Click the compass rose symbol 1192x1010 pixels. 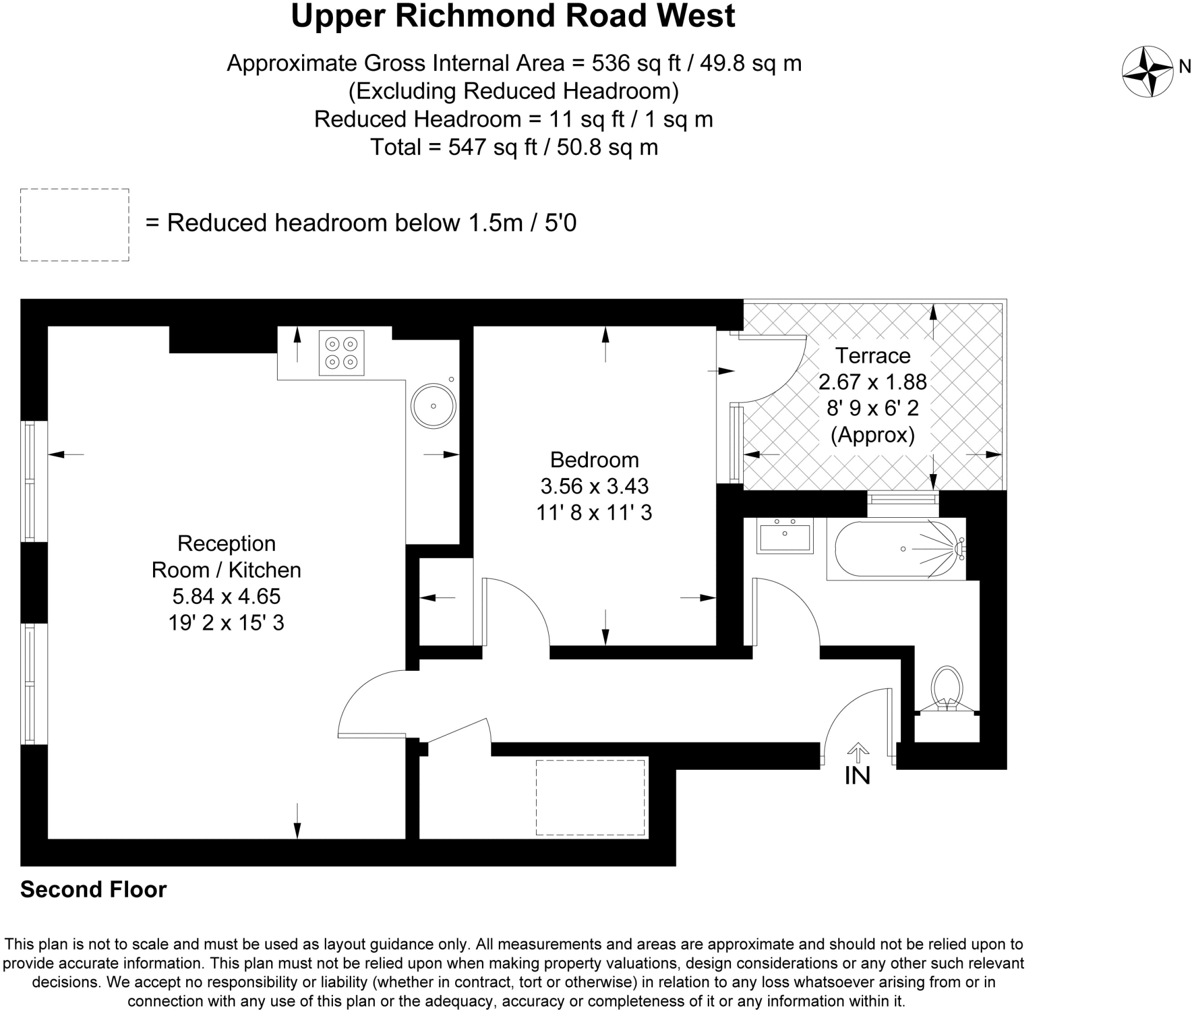pyautogui.click(x=1147, y=72)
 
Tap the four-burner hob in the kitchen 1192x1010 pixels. pyautogui.click(x=341, y=353)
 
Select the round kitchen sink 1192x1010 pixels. pyautogui.click(x=433, y=406)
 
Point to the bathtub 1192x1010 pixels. pyautogui.click(x=897, y=549)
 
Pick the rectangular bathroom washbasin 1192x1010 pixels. pyautogui.click(x=785, y=535)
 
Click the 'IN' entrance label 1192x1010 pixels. pyautogui.click(x=857, y=776)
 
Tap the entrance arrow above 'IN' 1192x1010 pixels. pyautogui.click(x=857, y=752)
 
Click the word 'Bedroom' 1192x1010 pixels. pyautogui.click(x=594, y=460)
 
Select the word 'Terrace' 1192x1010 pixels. pyautogui.click(x=872, y=355)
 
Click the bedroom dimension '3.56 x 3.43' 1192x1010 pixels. pyautogui.click(x=594, y=486)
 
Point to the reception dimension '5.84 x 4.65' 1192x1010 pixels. pyautogui.click(x=226, y=596)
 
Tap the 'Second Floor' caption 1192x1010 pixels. pyautogui.click(x=94, y=889)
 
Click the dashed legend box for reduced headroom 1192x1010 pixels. pyautogui.click(x=74, y=225)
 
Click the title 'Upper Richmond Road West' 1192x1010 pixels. pyautogui.click(x=513, y=16)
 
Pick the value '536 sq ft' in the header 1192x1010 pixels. pyautogui.click(x=636, y=63)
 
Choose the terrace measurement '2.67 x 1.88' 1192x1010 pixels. pyautogui.click(x=872, y=382)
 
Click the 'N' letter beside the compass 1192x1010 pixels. pyautogui.click(x=1184, y=67)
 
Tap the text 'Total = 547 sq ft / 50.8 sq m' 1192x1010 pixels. pyautogui.click(x=514, y=147)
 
